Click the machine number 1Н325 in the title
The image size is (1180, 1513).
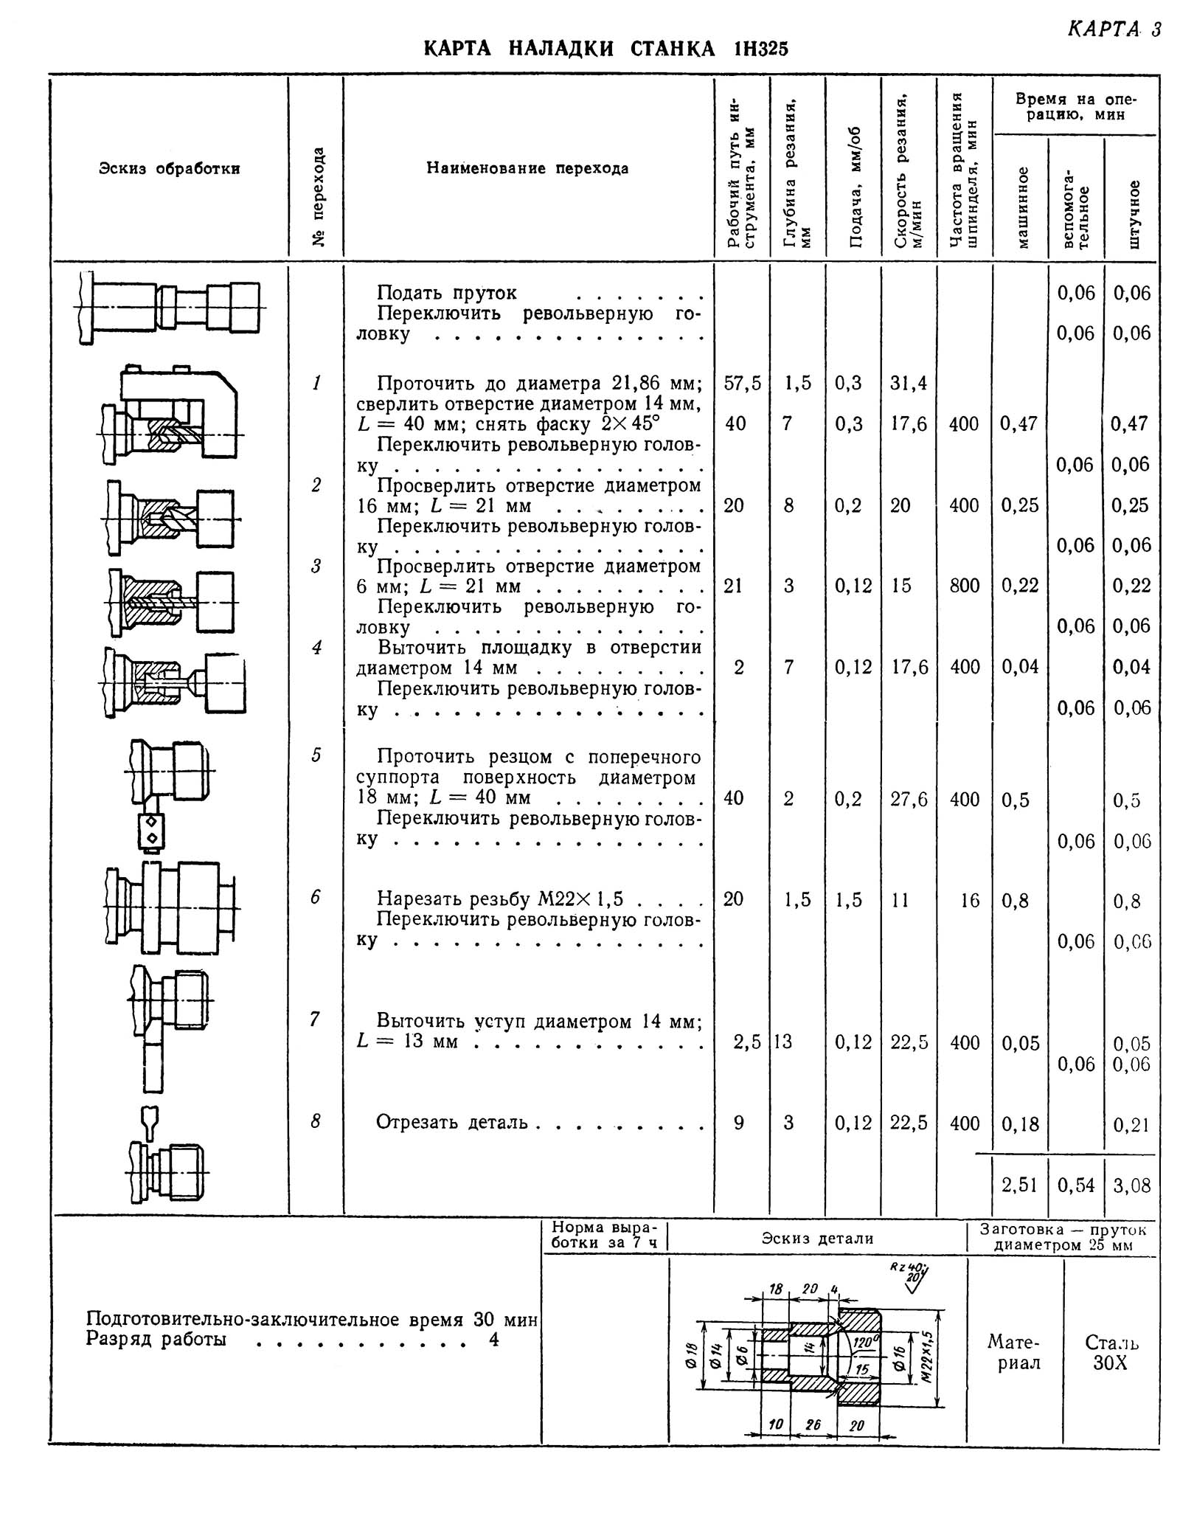(760, 49)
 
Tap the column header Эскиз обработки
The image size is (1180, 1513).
(169, 168)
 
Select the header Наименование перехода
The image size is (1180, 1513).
(527, 168)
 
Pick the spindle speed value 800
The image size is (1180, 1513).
(964, 586)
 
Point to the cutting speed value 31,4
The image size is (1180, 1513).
(909, 383)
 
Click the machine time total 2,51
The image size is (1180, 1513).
(1019, 1185)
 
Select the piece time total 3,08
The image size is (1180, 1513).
(1131, 1185)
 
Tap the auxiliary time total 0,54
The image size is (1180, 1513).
(1076, 1185)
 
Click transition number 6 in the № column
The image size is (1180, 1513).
(316, 897)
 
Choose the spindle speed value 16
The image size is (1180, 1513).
(970, 900)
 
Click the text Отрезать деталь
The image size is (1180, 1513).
(452, 1122)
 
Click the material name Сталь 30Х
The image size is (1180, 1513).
(1111, 1352)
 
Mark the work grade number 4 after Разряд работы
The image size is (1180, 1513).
(493, 1339)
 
